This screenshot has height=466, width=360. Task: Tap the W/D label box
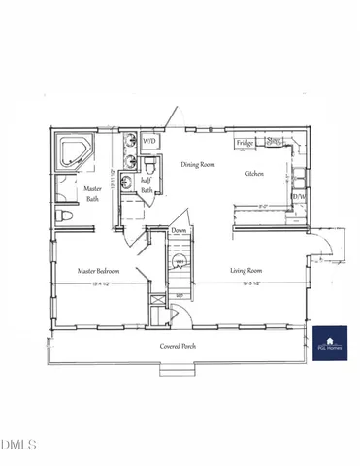point(149,142)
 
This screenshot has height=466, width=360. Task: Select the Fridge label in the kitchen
point(245,143)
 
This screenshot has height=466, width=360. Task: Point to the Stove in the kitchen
point(275,142)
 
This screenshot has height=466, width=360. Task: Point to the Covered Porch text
point(180,346)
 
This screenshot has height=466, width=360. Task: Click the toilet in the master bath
point(64,216)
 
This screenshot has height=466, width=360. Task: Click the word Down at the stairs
point(179,231)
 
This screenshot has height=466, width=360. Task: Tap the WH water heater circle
point(179,261)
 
